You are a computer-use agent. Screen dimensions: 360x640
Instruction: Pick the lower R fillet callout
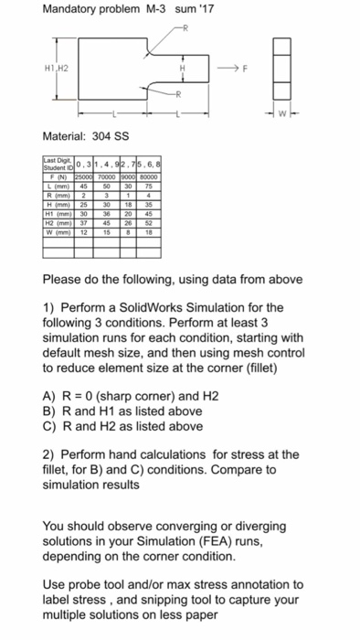[x=179, y=95]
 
